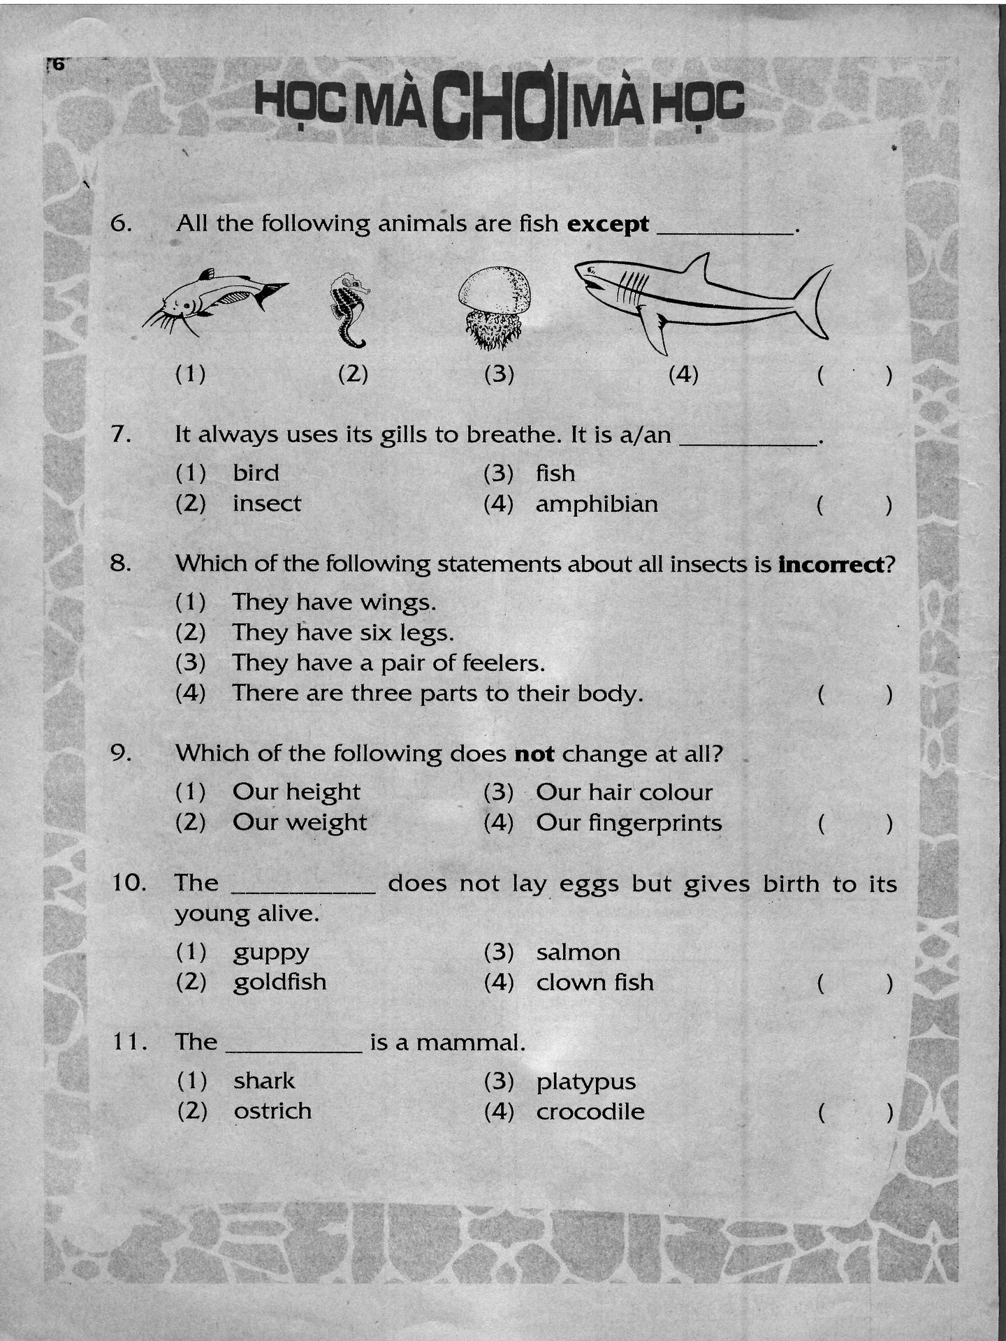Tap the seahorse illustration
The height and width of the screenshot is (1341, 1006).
pos(349,311)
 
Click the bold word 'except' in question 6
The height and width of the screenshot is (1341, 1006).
pos(608,225)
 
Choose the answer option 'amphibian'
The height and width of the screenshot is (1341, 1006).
pos(597,504)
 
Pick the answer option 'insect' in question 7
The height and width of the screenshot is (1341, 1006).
pos(267,504)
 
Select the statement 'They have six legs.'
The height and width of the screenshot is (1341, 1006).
pos(343,633)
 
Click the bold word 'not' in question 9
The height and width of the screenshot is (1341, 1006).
pos(534,754)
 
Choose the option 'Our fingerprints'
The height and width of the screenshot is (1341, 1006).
pos(629,823)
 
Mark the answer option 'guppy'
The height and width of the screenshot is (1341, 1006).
pos(271,953)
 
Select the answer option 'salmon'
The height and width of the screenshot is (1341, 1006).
pos(578,953)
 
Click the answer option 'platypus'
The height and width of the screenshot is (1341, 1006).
pos(586,1082)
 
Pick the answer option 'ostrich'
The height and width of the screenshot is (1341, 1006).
pos(272,1111)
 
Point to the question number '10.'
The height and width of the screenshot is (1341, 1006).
pos(129,884)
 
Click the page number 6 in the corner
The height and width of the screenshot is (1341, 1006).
pos(57,64)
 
